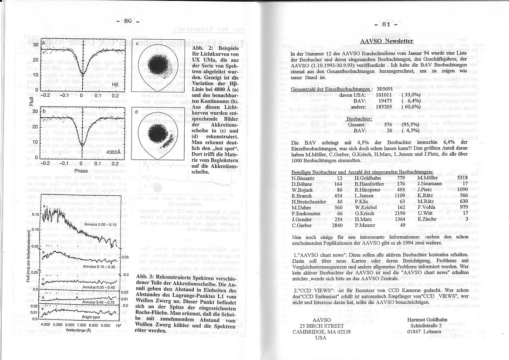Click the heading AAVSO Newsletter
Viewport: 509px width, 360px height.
[387, 41]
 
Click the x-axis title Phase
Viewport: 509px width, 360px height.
[81, 171]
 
